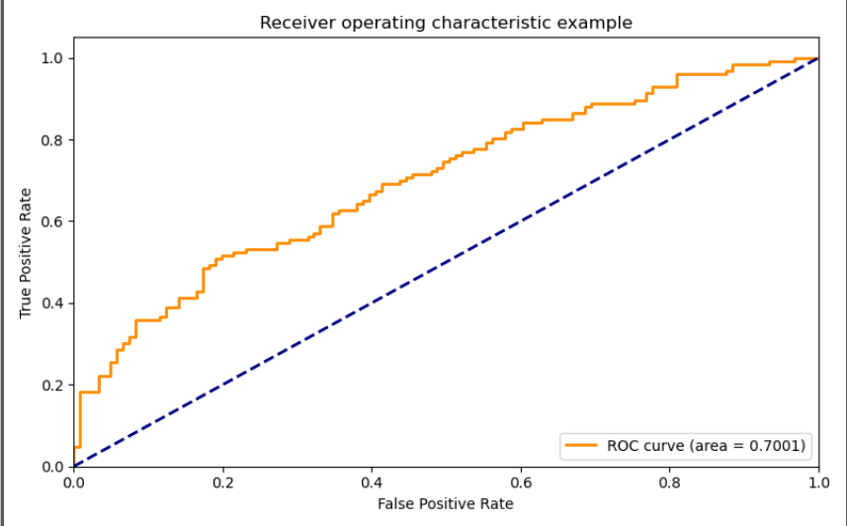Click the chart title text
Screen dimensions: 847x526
point(446,23)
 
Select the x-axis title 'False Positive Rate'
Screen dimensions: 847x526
point(445,504)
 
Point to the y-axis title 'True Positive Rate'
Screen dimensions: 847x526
point(26,253)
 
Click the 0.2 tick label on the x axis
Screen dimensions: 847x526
point(222,482)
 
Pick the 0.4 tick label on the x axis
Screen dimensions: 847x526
point(372,482)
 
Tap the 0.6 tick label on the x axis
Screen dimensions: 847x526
point(521,482)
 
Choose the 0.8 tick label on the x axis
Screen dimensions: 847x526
point(670,482)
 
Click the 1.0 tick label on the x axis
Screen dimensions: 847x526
point(819,482)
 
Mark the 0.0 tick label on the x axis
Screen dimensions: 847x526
point(73,482)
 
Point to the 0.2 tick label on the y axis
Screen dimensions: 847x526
point(52,385)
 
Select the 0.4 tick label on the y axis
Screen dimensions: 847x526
point(52,304)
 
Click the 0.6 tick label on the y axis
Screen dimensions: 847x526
point(52,221)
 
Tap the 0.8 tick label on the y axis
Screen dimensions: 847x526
point(52,140)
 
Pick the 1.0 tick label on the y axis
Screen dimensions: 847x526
point(52,58)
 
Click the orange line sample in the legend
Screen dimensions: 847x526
point(581,445)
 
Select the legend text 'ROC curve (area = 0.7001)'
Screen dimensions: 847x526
point(707,446)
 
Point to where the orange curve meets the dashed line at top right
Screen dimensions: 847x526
point(818,58)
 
